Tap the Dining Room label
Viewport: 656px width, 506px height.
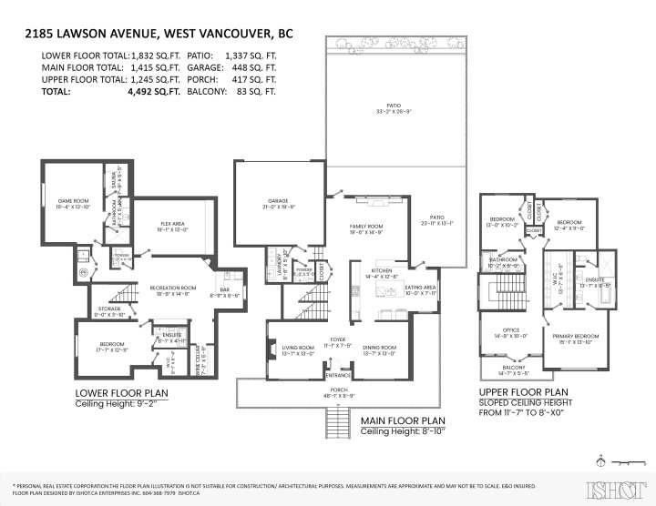pyautogui.click(x=379, y=347)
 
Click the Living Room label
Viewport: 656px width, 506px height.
pyautogui.click(x=298, y=347)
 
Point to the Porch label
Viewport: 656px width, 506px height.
pyautogui.click(x=338, y=394)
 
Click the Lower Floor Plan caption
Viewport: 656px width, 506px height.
pyautogui.click(x=122, y=394)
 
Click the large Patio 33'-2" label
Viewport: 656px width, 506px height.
pyautogui.click(x=395, y=108)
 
